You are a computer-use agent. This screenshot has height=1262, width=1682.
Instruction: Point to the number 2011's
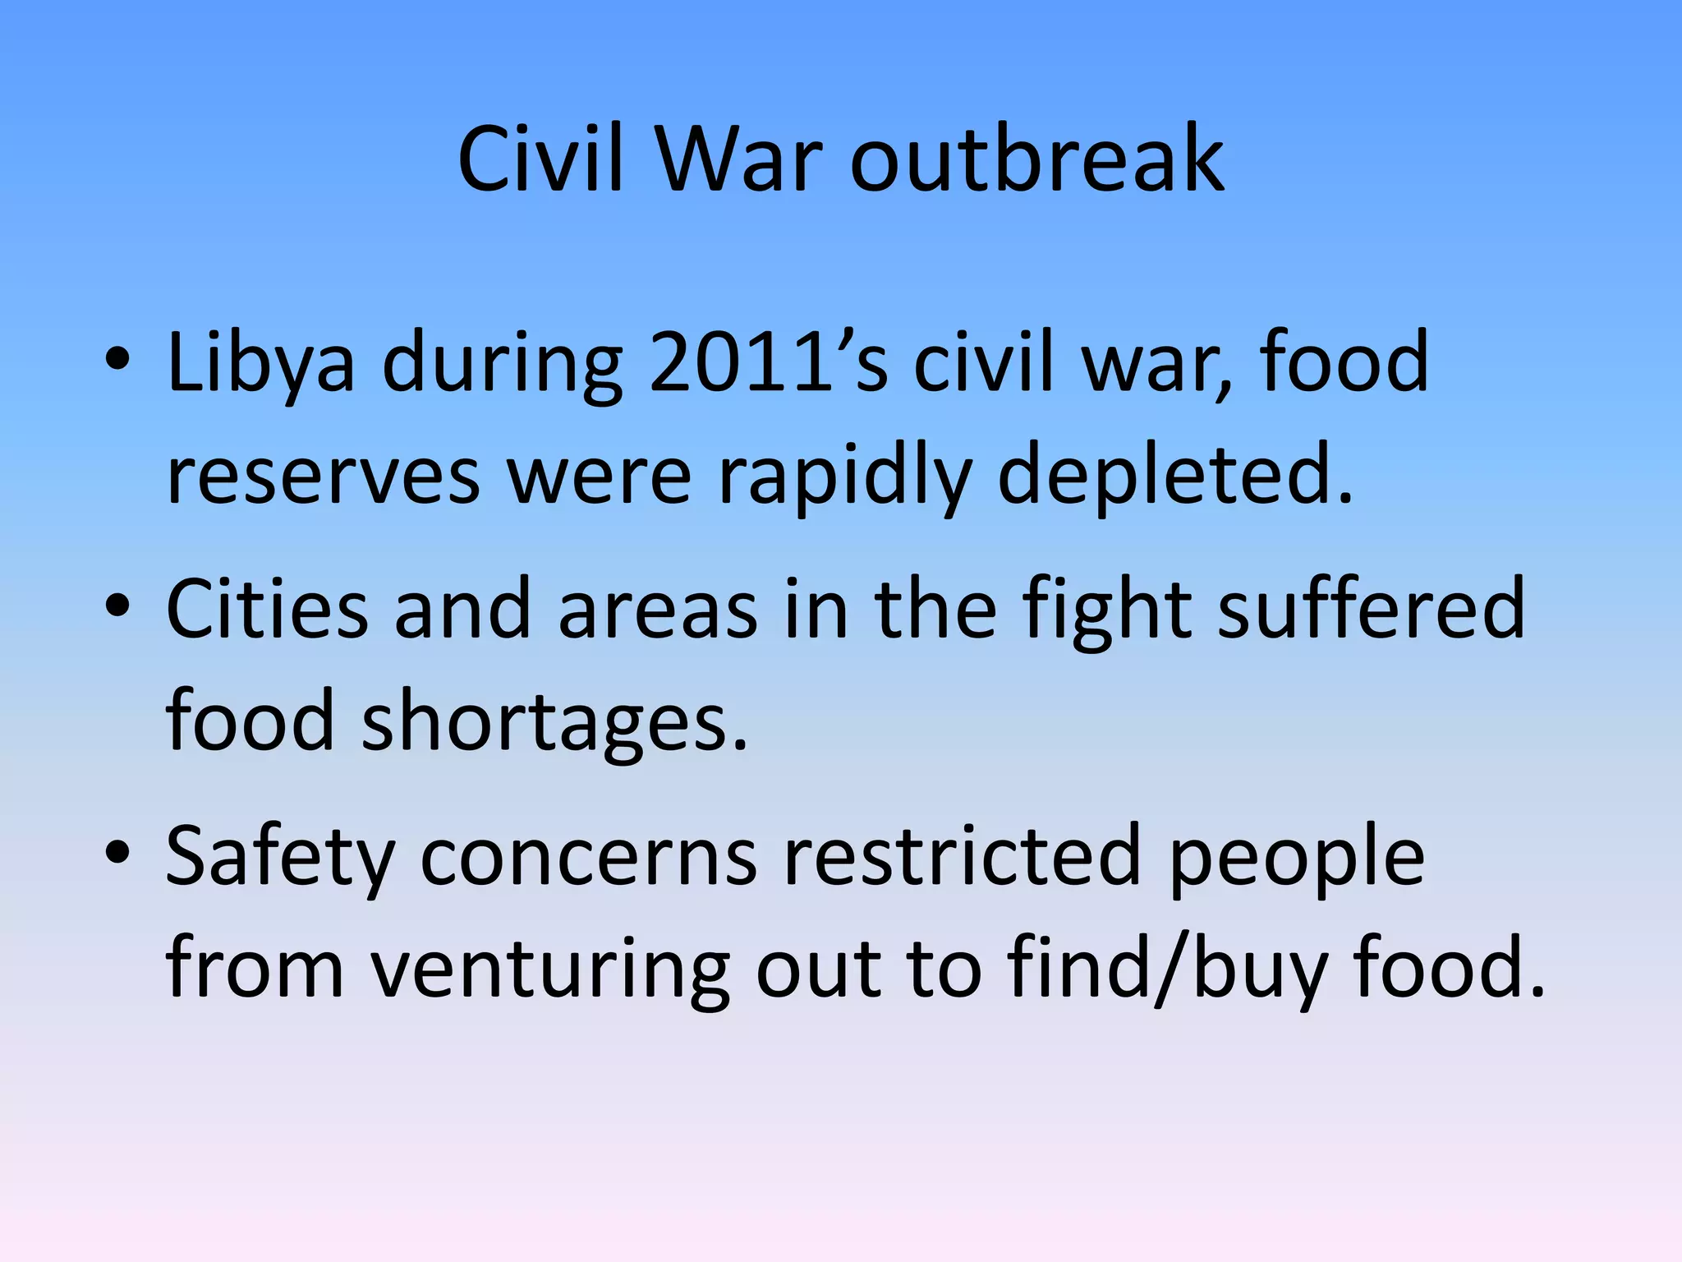769,362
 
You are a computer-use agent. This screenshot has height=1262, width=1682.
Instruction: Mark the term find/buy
1166,970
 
